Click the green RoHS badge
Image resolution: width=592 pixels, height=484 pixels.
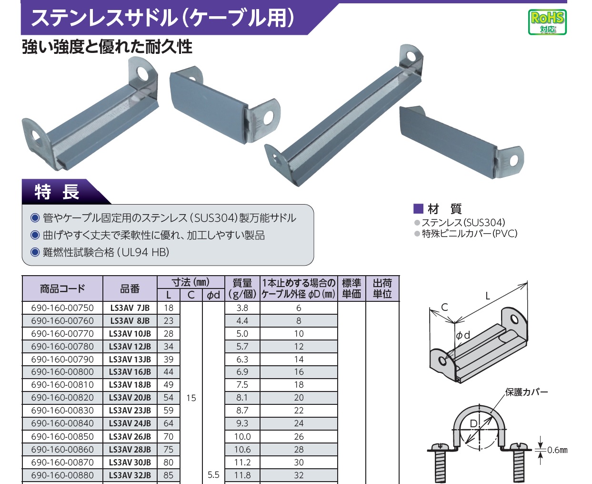pyautogui.click(x=547, y=22)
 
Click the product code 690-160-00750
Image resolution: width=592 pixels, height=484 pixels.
pyautogui.click(x=62, y=308)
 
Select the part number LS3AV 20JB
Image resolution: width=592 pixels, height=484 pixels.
pyautogui.click(x=130, y=398)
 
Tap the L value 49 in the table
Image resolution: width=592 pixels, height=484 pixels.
pyautogui.click(x=169, y=384)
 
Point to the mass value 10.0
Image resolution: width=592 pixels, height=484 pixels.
pyautogui.click(x=242, y=436)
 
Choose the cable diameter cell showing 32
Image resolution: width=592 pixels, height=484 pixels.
pyautogui.click(x=299, y=475)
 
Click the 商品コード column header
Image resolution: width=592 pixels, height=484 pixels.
pyautogui.click(x=62, y=288)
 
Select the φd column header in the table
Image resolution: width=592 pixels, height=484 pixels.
pyautogui.click(x=213, y=295)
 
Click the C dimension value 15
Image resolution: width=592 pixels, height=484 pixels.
pyautogui.click(x=191, y=398)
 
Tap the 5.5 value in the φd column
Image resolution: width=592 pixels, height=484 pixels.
pyautogui.click(x=213, y=475)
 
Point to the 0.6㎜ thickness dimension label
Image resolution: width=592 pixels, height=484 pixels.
pyautogui.click(x=557, y=450)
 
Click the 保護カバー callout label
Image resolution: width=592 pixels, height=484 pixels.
pyautogui.click(x=526, y=392)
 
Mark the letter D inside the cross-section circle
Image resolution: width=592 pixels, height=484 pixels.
pyautogui.click(x=473, y=423)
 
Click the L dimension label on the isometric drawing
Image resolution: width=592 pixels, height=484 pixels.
pyautogui.click(x=488, y=296)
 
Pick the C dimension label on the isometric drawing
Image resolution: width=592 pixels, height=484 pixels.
pyautogui.click(x=444, y=307)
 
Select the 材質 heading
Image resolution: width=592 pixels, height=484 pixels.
pyautogui.click(x=445, y=209)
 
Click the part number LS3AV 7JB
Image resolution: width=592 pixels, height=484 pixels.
pyautogui.click(x=130, y=308)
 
